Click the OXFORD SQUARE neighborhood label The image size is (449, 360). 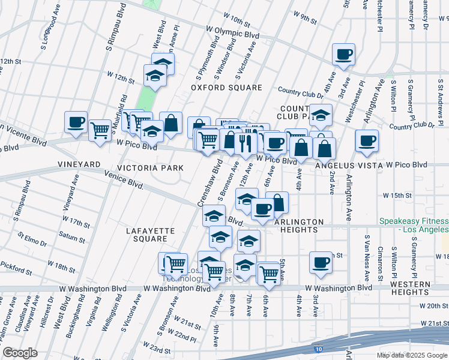226,88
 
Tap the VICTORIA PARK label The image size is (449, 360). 149,167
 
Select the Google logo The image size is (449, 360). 20,353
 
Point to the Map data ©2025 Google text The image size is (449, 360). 412,355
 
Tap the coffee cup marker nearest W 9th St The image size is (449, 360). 344,55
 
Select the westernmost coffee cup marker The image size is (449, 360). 76,122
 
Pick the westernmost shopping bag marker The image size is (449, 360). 171,124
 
